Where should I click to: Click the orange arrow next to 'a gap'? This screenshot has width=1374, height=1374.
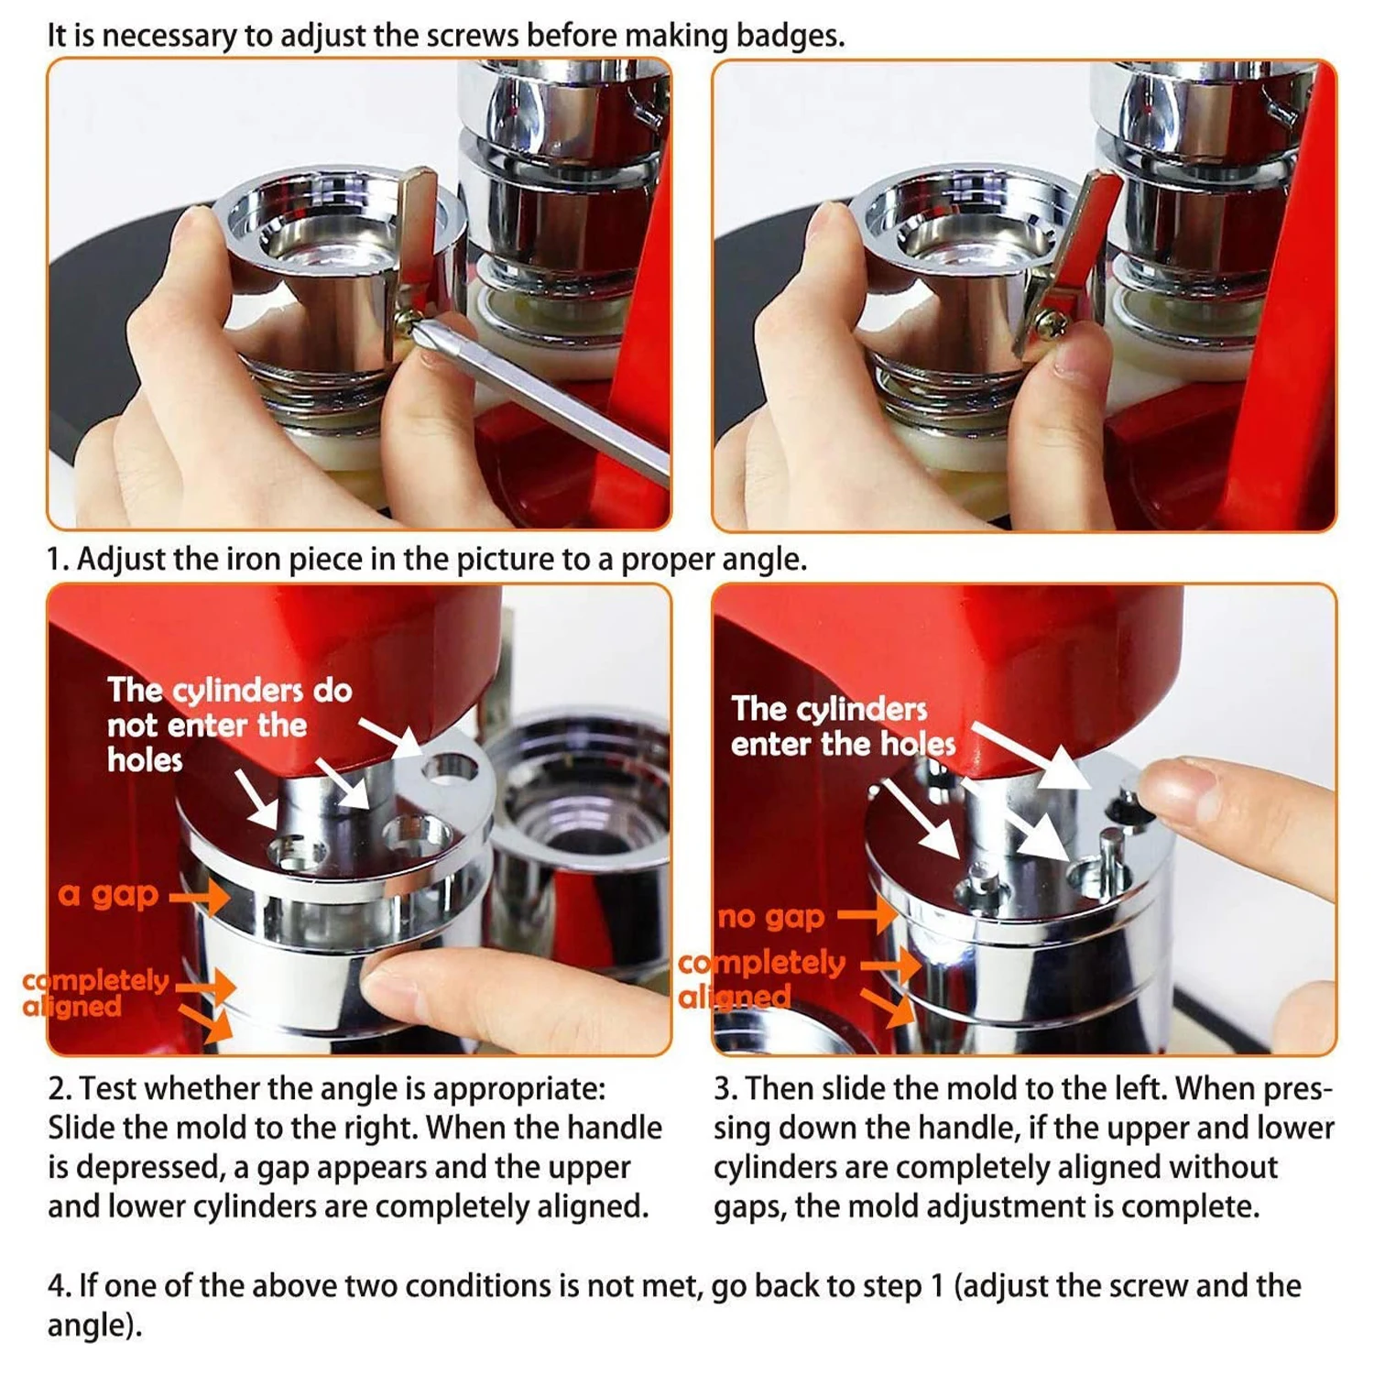[200, 896]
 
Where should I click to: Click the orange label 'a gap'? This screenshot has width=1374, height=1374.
[108, 895]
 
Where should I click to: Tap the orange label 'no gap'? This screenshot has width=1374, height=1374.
[771, 916]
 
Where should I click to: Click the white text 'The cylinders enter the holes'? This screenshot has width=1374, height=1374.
[843, 726]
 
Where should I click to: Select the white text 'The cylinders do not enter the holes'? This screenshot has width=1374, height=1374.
[229, 725]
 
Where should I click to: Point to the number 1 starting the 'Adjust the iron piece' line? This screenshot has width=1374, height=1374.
[56, 559]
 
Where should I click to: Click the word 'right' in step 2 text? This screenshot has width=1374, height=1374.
[381, 1128]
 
